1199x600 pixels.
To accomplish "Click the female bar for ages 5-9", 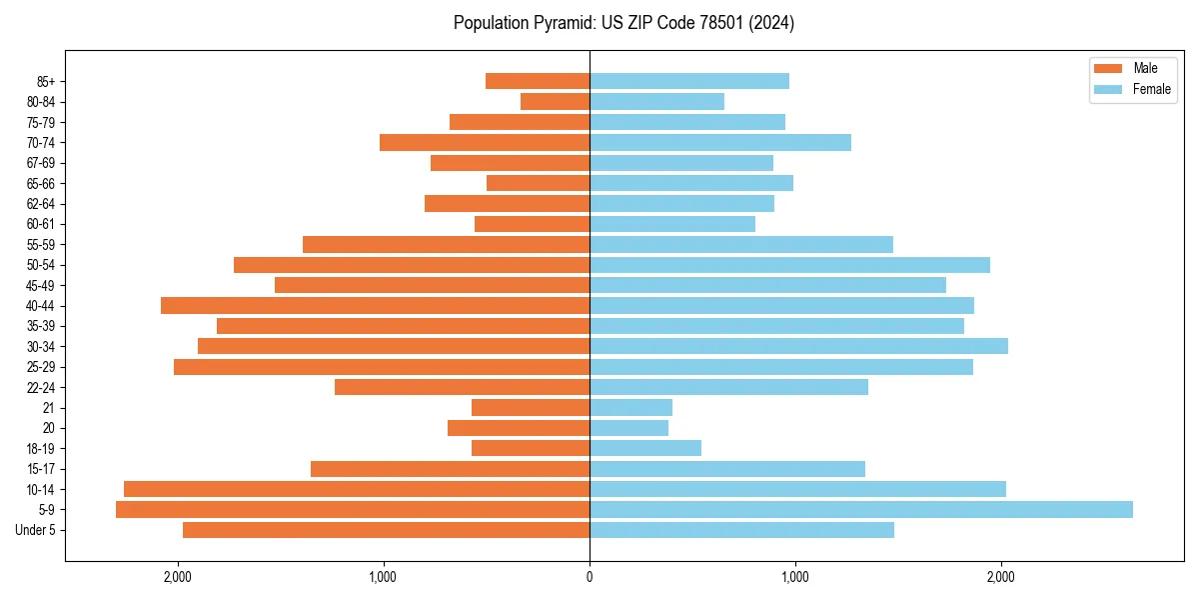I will click(x=860, y=509).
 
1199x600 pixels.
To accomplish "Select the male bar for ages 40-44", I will click(x=375, y=305).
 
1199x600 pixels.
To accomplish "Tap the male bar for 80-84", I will click(x=555, y=101).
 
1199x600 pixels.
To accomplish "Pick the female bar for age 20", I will click(x=628, y=428).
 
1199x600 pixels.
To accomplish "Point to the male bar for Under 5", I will click(x=386, y=530).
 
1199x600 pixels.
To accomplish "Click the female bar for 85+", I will click(x=688, y=81).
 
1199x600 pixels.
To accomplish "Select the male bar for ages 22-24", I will click(x=462, y=387).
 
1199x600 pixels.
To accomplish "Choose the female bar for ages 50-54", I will click(x=789, y=265).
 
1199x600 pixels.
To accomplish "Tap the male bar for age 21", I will click(x=530, y=407).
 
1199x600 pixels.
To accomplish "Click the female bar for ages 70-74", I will click(x=719, y=142).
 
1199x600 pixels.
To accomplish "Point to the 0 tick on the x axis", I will click(x=590, y=576).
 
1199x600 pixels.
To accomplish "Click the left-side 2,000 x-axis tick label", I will click(x=178, y=576).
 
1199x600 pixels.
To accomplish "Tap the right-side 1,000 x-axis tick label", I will click(x=795, y=576).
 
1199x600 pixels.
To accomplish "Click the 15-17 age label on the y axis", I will click(x=41, y=469).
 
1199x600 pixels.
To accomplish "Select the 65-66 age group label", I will click(x=41, y=183).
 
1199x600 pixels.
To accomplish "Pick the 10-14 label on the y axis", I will click(x=41, y=489).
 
